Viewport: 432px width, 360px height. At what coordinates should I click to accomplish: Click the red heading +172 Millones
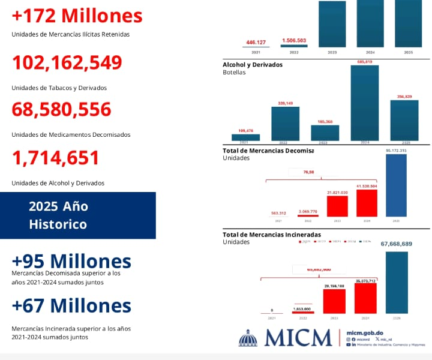coord(77,16)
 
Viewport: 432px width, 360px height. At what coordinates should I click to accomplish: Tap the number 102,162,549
coord(67,62)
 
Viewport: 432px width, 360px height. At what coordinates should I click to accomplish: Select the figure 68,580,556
coord(62,110)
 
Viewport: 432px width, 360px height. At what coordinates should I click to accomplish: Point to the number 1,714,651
coord(56,158)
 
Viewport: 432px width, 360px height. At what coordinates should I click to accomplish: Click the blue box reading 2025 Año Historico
coord(77,215)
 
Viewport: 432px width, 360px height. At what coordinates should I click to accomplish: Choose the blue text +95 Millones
coord(71,262)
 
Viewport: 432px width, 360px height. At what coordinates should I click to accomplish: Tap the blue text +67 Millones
coord(71,305)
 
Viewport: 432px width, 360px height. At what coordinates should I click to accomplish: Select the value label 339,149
coord(285,103)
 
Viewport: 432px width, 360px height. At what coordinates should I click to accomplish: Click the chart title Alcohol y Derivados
coord(252,64)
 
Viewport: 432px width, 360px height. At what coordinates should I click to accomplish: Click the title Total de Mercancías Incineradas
coord(271,234)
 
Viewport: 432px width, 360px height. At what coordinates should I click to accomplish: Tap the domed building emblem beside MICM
coord(248,338)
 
